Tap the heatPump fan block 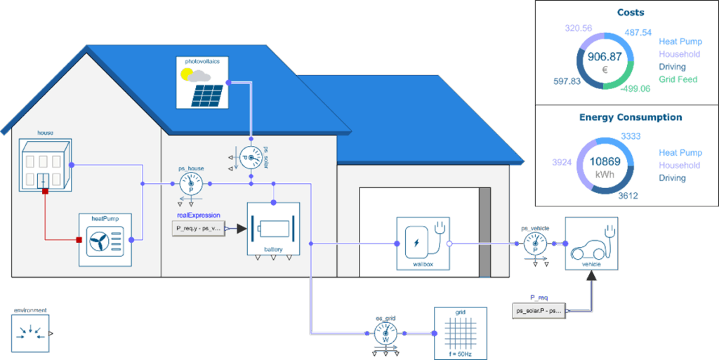[105, 242]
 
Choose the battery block [273, 229]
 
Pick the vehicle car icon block [592, 244]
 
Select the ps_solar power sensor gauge [251, 158]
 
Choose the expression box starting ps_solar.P [539, 310]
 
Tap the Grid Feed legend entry [678, 79]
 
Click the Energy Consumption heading [630, 117]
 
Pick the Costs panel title [630, 12]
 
